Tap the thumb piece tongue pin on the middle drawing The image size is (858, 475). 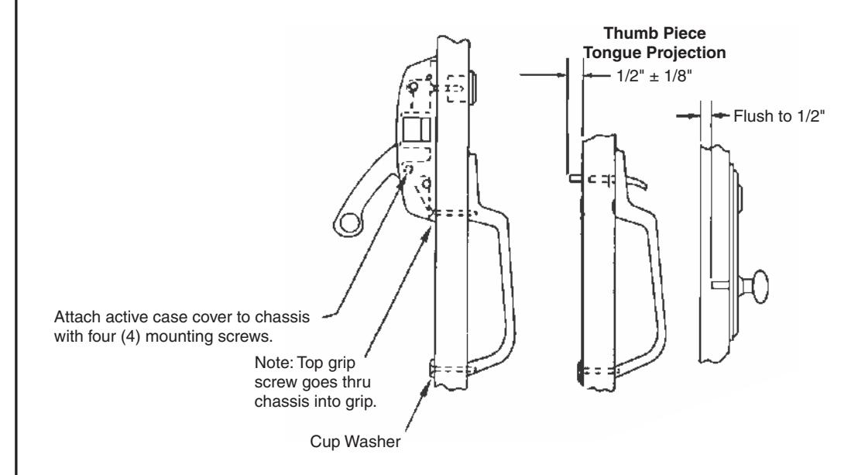click(575, 178)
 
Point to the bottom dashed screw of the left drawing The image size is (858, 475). click(455, 370)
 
